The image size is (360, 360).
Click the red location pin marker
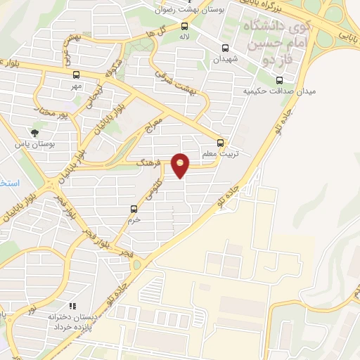click(x=181, y=165)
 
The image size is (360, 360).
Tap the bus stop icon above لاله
click(x=185, y=28)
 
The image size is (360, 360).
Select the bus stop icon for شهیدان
click(x=225, y=49)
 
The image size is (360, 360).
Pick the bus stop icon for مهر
click(x=75, y=75)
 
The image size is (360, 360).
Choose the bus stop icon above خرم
click(x=134, y=208)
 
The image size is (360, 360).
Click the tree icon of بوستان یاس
click(x=35, y=131)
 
